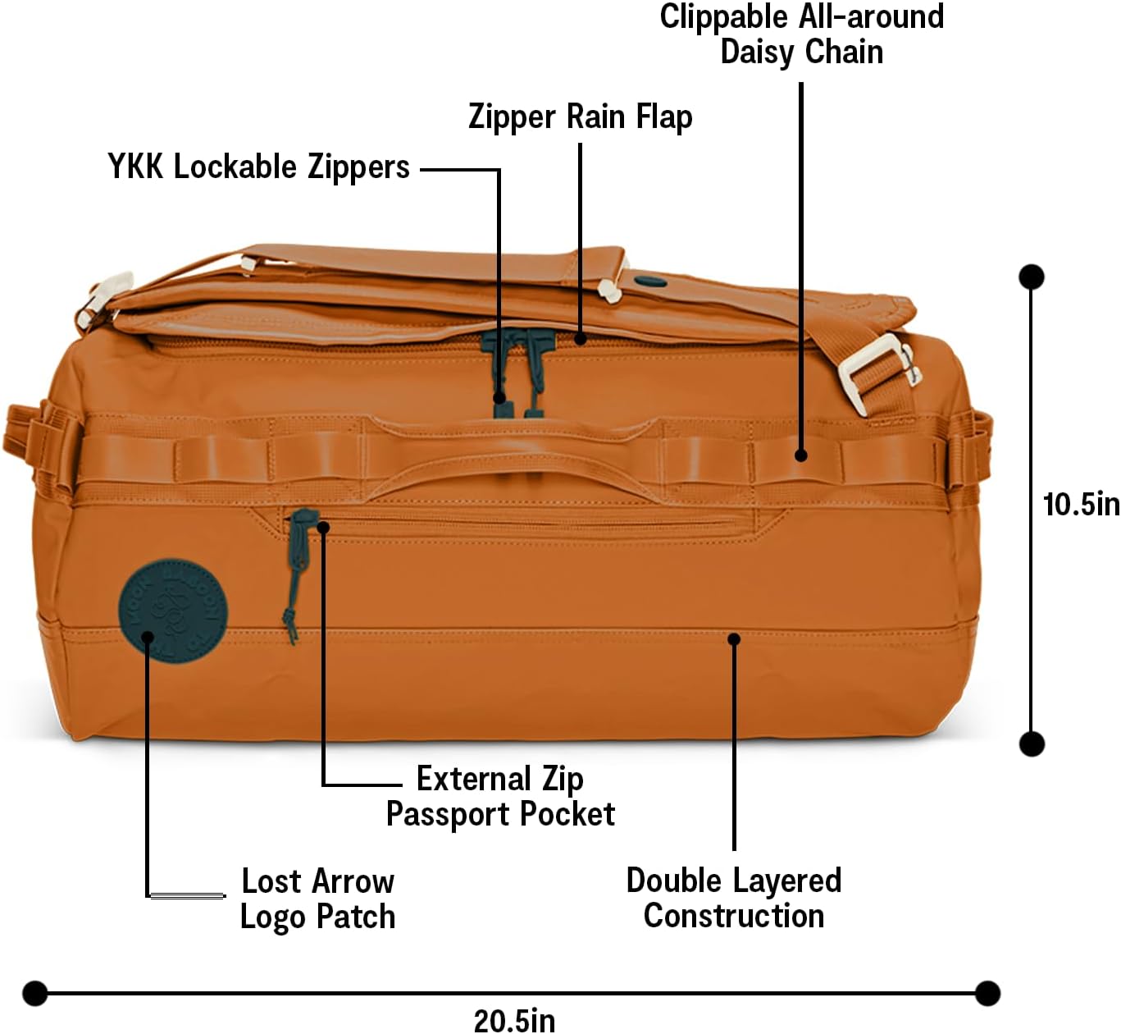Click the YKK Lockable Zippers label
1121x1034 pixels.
click(258, 167)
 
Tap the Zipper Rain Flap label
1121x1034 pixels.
click(580, 117)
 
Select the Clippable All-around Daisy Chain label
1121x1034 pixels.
click(801, 34)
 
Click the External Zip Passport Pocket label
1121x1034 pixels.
click(500, 796)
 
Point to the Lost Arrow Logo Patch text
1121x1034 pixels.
click(318, 899)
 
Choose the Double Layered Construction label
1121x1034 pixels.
click(734, 898)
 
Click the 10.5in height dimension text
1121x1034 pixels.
click(1080, 504)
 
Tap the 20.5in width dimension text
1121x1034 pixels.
click(514, 1020)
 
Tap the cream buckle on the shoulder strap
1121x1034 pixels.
click(876, 372)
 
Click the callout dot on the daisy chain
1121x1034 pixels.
click(801, 455)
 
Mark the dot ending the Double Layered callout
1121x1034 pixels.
click(734, 638)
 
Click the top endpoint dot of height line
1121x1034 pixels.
click(1031, 277)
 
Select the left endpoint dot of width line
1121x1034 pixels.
click(34, 993)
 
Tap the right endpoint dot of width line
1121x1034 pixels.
click(987, 993)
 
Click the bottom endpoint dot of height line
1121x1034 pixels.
click(1031, 743)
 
